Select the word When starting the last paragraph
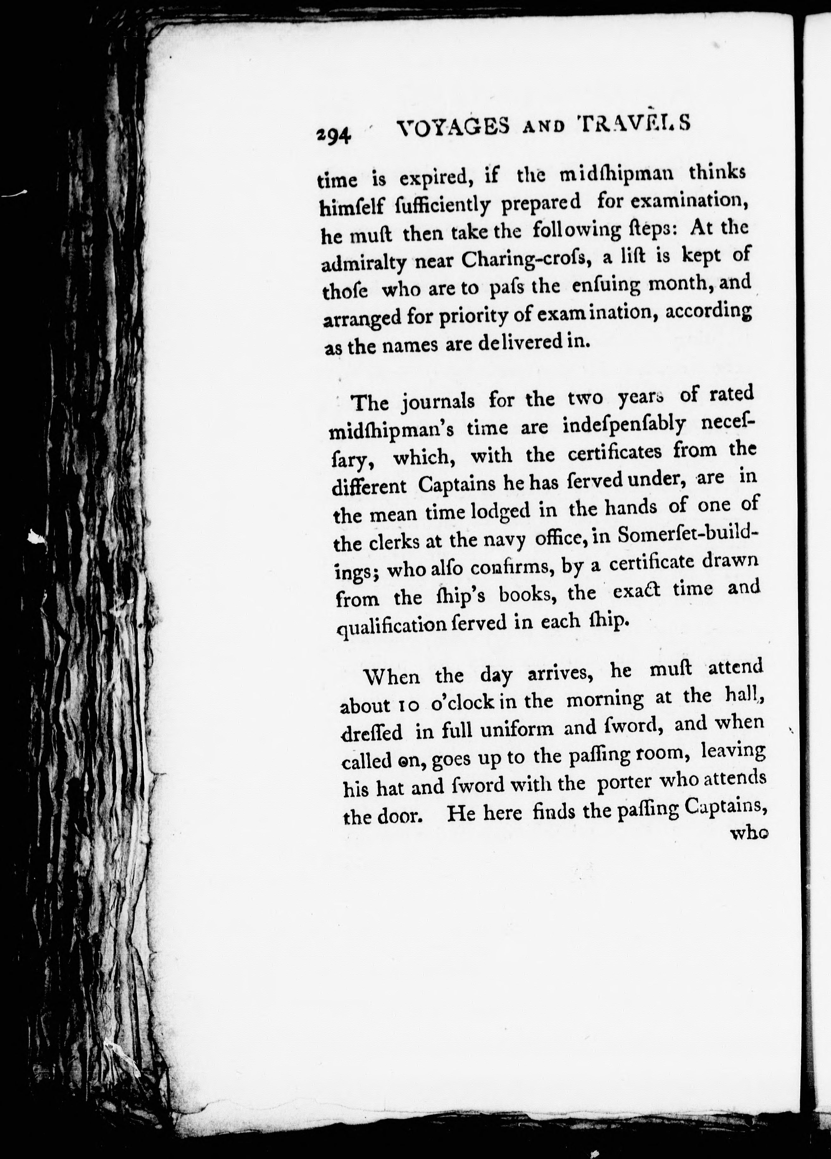point(391,678)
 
